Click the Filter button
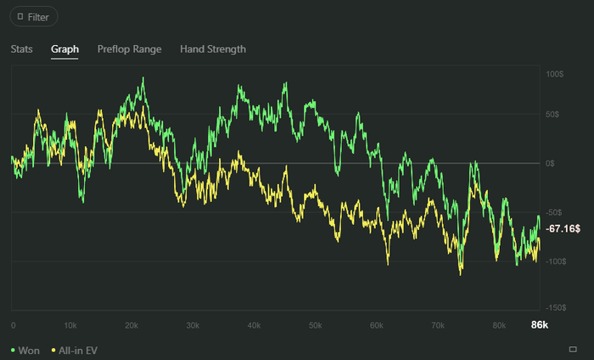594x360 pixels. [x=34, y=17]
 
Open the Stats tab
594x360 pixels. [x=22, y=49]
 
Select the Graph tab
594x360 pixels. [x=64, y=49]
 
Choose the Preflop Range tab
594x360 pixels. [x=129, y=49]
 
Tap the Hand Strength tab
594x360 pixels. [x=213, y=49]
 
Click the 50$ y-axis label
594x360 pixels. [x=552, y=114]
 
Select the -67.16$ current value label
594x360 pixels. [x=563, y=229]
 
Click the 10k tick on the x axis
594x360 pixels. [x=71, y=325]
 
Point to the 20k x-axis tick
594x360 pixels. [x=132, y=325]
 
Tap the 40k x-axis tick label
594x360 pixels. [x=254, y=325]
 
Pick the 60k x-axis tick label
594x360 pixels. [x=376, y=325]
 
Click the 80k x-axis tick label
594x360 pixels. [x=498, y=325]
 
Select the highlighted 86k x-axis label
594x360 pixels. [x=540, y=325]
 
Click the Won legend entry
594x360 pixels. [x=25, y=350]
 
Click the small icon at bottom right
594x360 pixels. [x=574, y=349]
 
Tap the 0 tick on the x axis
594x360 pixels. [x=13, y=325]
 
